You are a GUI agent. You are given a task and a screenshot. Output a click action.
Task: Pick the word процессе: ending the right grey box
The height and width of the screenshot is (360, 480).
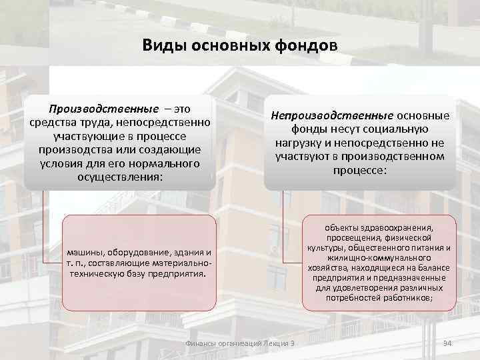tap(360, 170)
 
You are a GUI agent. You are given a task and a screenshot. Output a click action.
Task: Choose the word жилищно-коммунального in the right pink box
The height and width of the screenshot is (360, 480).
tap(379, 258)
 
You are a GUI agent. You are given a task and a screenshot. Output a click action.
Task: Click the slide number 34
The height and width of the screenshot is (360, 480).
tap(447, 343)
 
